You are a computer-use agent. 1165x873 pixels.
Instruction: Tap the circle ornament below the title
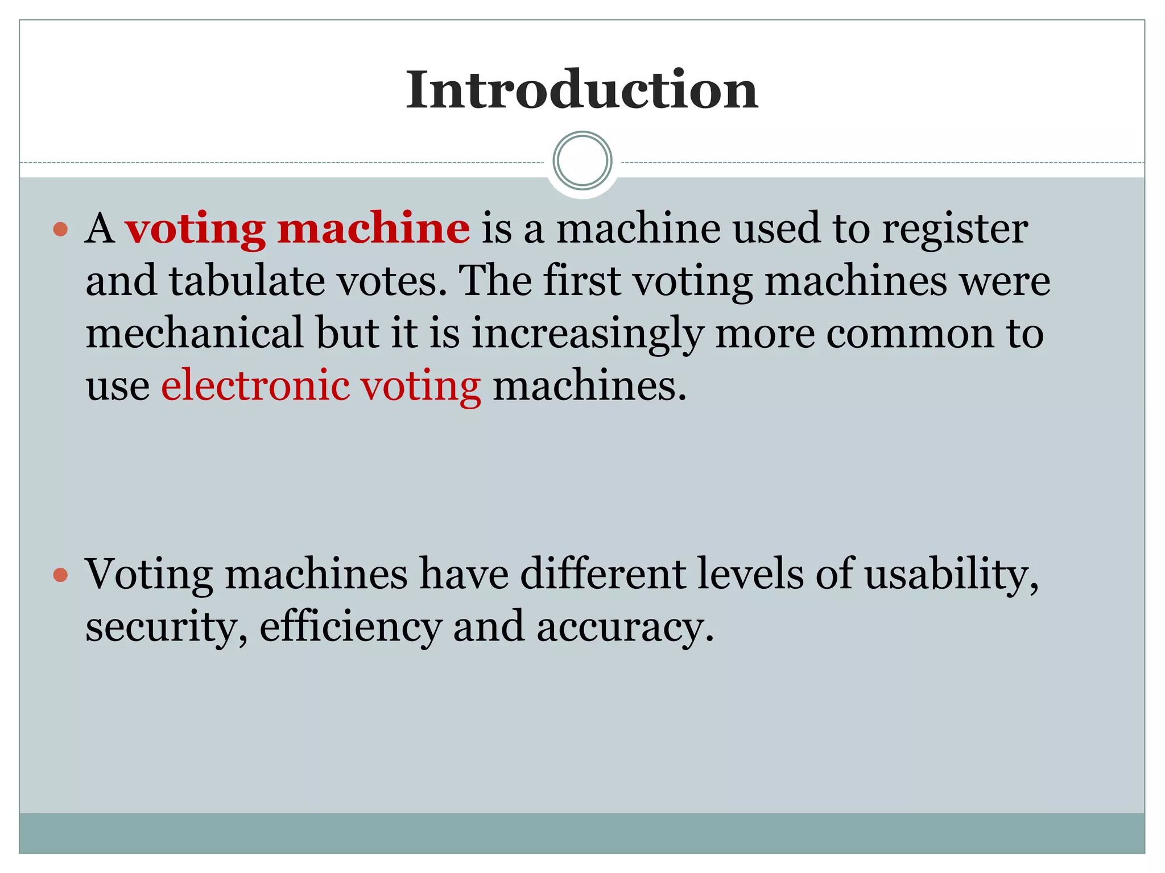pos(582,161)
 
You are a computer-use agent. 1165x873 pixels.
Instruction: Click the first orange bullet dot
pos(60,230)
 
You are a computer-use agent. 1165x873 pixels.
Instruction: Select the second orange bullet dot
pos(60,575)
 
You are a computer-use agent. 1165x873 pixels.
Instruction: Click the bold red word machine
pos(374,228)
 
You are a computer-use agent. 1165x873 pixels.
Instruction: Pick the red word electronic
pos(255,386)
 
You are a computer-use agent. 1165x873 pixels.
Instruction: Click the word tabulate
pos(247,281)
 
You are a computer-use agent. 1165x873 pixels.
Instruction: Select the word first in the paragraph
pos(581,281)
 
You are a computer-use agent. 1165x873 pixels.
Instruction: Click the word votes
pos(393,282)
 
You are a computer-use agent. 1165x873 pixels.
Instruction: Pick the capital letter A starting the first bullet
pos(100,228)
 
